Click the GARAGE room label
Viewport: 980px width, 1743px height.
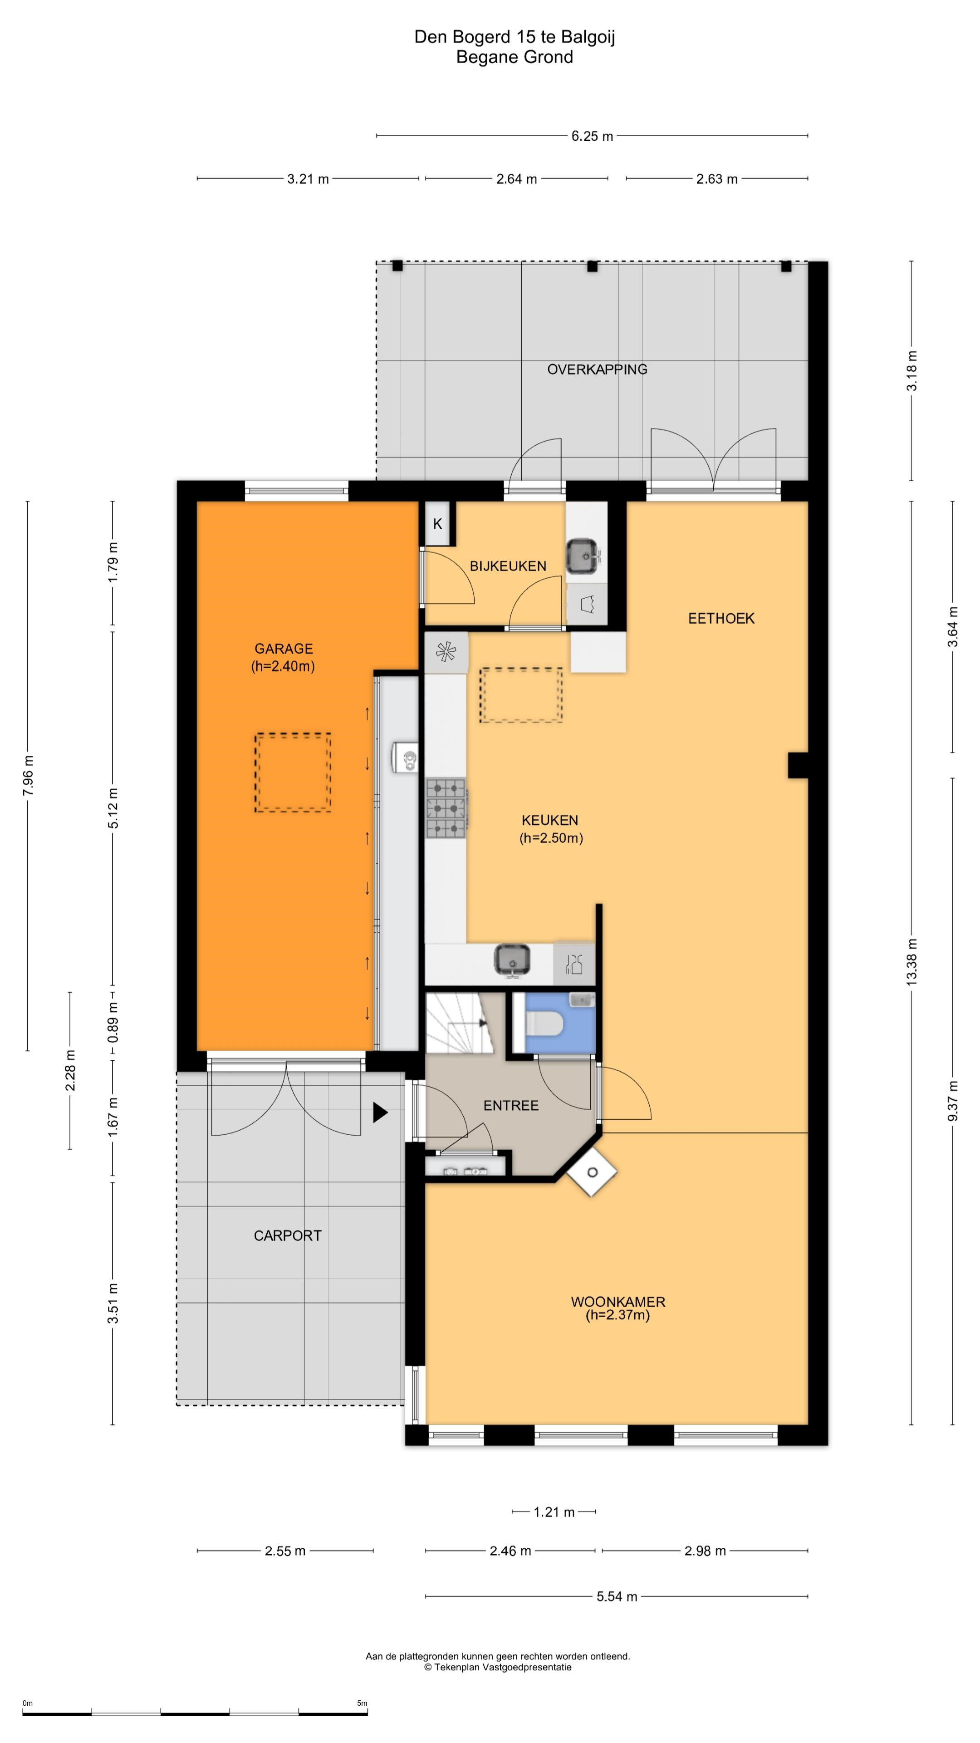tap(284, 648)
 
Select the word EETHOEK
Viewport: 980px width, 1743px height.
tap(721, 618)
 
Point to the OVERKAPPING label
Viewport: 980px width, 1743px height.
tap(597, 369)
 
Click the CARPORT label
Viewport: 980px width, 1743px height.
tap(288, 1236)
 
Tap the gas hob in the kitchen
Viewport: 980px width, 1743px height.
tap(446, 808)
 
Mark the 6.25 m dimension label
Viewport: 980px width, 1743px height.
tap(592, 136)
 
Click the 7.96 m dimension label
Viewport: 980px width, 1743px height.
tap(28, 776)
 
